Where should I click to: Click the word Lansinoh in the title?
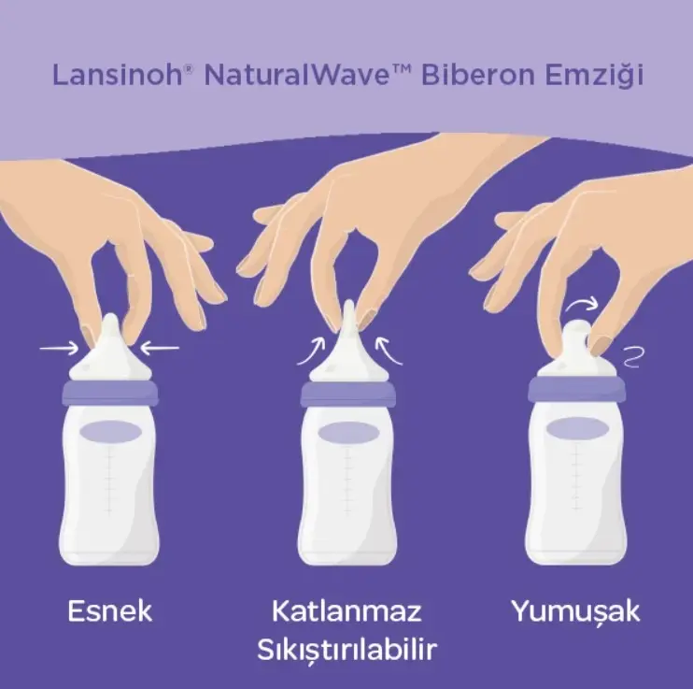click(x=117, y=75)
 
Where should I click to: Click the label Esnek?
click(x=110, y=611)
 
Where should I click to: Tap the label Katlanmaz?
click(x=346, y=611)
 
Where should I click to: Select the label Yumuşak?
click(x=576, y=612)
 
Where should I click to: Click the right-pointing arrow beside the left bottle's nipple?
click(x=59, y=349)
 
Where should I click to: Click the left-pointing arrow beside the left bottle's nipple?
click(x=160, y=349)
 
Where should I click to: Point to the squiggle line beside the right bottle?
click(x=633, y=357)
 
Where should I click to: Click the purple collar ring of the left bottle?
click(x=110, y=392)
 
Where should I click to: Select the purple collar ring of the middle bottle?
click(x=347, y=394)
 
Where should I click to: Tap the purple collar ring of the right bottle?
click(x=577, y=389)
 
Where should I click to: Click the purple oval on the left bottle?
click(x=110, y=432)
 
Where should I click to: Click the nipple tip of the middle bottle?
click(x=348, y=304)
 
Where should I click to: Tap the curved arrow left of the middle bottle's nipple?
click(x=310, y=352)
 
